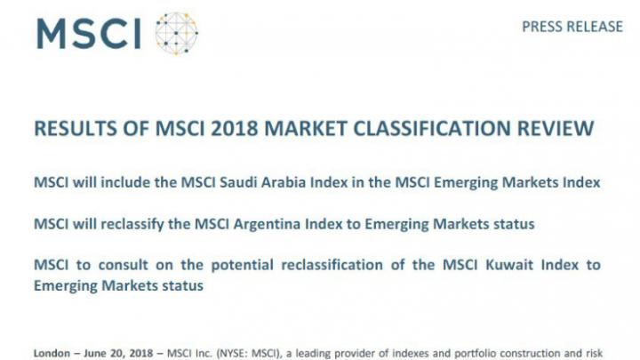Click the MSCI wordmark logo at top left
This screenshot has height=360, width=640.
(89, 34)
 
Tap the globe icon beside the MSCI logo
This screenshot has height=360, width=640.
(176, 34)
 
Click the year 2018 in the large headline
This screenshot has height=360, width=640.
(235, 128)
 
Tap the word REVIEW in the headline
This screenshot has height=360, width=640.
(556, 128)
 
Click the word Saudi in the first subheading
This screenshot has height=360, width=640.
(238, 182)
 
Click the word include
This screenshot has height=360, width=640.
(125, 182)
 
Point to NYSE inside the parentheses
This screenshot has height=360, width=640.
(232, 353)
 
